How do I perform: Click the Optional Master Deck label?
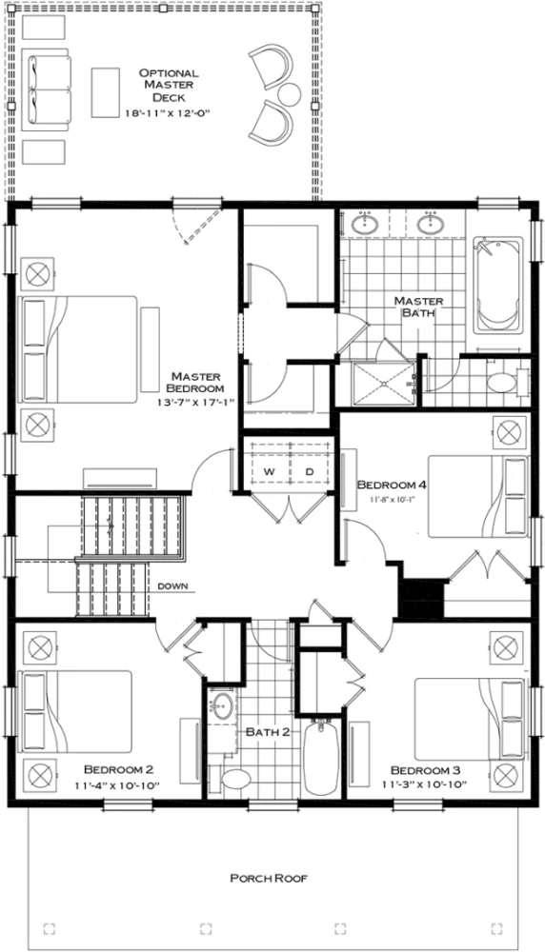pyautogui.click(x=168, y=85)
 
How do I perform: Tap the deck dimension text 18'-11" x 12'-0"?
pyautogui.click(x=168, y=112)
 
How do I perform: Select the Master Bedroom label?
pyautogui.click(x=194, y=382)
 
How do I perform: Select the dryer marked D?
pyautogui.click(x=309, y=471)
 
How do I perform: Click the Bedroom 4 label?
pyautogui.click(x=391, y=485)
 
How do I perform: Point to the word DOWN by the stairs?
pyautogui.click(x=172, y=585)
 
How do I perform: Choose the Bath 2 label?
pyautogui.click(x=262, y=732)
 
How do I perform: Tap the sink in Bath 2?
pyautogui.click(x=224, y=706)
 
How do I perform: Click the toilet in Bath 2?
pyautogui.click(x=232, y=778)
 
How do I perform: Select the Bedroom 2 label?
pyautogui.click(x=119, y=768)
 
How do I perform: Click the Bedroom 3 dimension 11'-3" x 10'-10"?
pyautogui.click(x=426, y=786)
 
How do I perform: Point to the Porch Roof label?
pyautogui.click(x=272, y=878)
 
